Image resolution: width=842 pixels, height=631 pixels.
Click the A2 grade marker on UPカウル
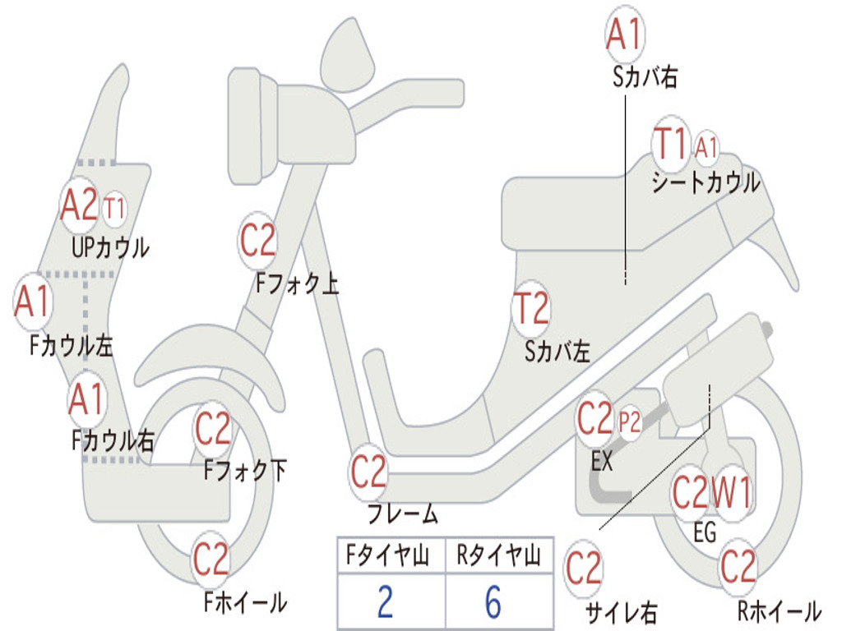pos(79,205)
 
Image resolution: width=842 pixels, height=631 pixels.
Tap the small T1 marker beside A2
pos(115,208)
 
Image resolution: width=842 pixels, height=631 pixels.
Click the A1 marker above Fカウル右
pos(86,399)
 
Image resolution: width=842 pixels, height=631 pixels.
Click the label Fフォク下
pos(245,471)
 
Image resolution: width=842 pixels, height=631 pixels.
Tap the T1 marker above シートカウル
pos(670,145)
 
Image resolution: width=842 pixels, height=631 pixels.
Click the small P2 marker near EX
pos(630,421)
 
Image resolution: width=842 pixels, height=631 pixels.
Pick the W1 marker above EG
pos(731,494)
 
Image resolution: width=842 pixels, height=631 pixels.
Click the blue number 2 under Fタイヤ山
pos(385,602)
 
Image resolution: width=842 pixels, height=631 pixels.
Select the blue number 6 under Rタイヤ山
pos(493,602)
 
